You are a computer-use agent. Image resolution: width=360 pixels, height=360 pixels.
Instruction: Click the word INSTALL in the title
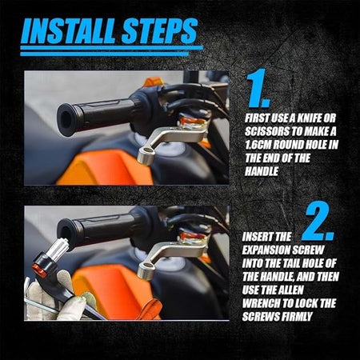(x=69, y=30)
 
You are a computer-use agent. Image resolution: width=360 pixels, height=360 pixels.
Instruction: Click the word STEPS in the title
(x=160, y=30)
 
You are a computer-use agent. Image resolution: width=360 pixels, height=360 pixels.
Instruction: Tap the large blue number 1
(x=258, y=88)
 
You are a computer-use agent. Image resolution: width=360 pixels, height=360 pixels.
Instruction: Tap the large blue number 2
(x=318, y=222)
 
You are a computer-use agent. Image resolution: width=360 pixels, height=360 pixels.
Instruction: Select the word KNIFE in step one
(x=304, y=118)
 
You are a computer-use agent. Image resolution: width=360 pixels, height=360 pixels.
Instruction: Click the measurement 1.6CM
(x=258, y=145)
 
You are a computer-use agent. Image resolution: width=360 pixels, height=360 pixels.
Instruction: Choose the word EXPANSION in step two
(x=266, y=250)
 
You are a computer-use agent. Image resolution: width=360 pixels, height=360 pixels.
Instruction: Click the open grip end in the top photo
(x=66, y=120)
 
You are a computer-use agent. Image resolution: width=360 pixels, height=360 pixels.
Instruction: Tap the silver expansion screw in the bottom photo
(x=58, y=249)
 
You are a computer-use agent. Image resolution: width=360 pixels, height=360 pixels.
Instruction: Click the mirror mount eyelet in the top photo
(x=146, y=156)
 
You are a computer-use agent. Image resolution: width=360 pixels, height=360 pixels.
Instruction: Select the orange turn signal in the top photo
(x=153, y=82)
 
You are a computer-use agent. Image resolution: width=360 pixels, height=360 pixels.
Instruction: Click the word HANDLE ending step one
(x=262, y=171)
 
